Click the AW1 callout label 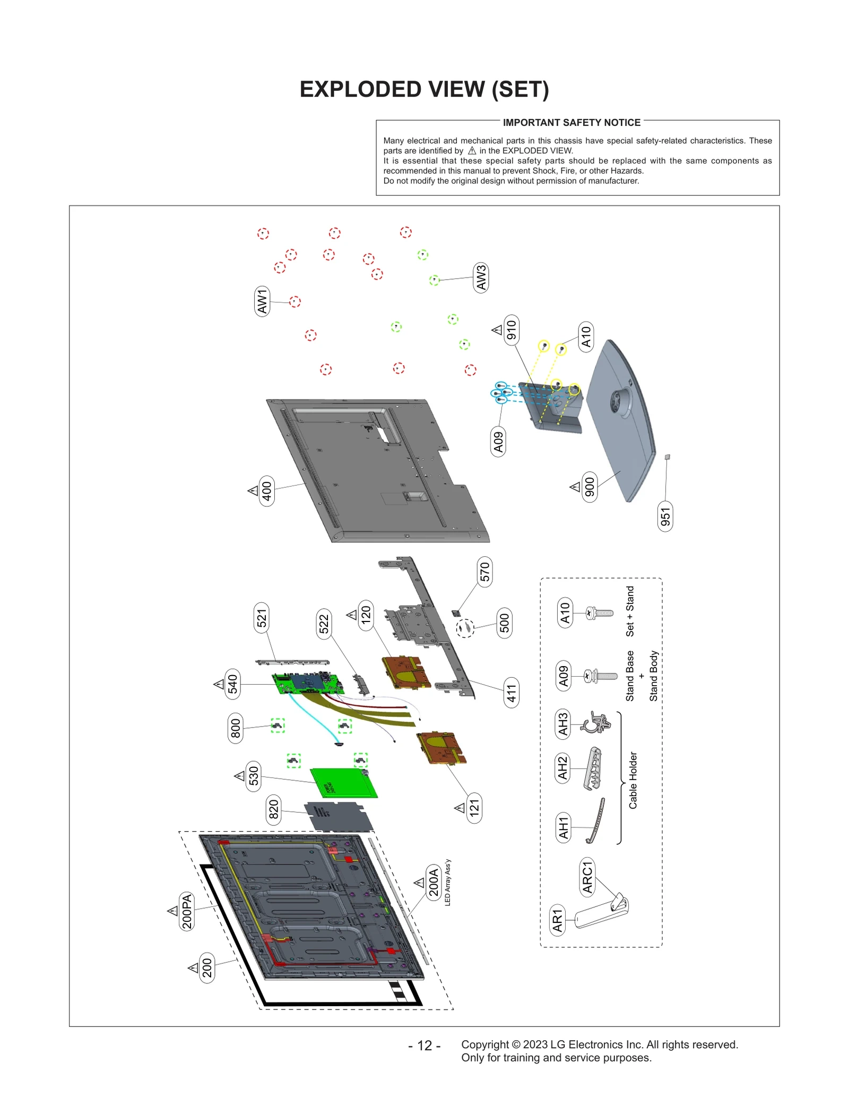tap(262, 301)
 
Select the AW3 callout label tap(481, 278)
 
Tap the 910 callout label tap(511, 330)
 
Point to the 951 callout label tap(665, 516)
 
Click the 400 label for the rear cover tap(267, 491)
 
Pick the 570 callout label tap(484, 572)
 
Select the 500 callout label tap(504, 623)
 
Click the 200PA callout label tap(187, 911)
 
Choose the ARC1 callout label tap(587, 877)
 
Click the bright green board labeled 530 tap(344, 783)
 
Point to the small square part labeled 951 tap(668, 457)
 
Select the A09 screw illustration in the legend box tap(601, 676)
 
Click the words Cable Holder tap(633, 780)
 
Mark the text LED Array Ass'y tap(447, 883)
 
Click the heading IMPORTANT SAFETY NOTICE tap(571, 123)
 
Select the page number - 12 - tap(424, 1045)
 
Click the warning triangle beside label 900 tap(575, 487)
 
